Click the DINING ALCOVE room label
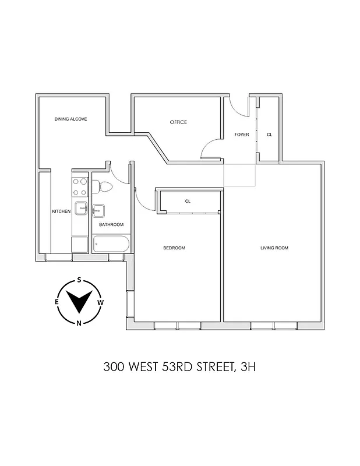tap(71, 119)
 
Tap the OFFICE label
tap(178, 122)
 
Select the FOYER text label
tap(242, 135)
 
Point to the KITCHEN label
tap(61, 211)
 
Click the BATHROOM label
tap(111, 225)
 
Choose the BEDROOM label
tap(174, 248)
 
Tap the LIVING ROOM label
tap(274, 248)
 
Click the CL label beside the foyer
tap(269, 135)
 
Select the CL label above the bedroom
tap(188, 201)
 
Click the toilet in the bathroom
tap(104, 187)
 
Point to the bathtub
tap(110, 244)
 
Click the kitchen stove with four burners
tap(79, 186)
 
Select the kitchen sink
tap(81, 208)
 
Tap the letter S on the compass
tap(79, 280)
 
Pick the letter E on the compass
tap(57, 302)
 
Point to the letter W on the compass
tap(101, 302)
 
